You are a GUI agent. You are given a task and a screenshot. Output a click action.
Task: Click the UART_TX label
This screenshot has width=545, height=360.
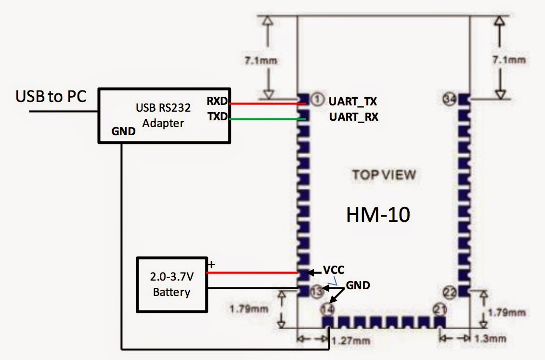pos(353,102)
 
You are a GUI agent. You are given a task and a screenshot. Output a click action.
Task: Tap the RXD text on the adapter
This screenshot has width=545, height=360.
pos(218,102)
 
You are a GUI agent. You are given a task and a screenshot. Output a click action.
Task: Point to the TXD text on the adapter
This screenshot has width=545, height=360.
pos(218,116)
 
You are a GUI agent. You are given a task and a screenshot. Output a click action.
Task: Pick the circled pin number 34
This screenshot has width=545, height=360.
pos(449,100)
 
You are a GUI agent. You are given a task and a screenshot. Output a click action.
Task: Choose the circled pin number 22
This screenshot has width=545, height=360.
pos(449,291)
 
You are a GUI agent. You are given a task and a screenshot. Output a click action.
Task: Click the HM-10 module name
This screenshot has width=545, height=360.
pos(378,215)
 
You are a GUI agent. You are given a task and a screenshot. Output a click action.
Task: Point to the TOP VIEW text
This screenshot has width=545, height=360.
pos(384,174)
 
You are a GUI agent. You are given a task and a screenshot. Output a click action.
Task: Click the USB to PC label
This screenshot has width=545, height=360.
pos(51,96)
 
